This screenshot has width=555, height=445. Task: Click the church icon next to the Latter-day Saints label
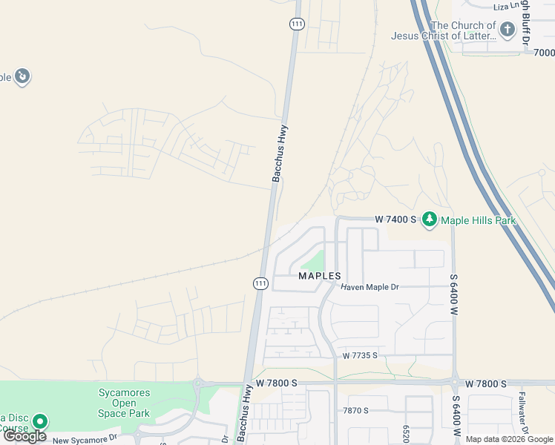tap(508, 30)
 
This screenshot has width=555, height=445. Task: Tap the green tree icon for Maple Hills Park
tap(430, 220)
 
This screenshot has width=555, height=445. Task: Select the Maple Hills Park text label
tap(478, 220)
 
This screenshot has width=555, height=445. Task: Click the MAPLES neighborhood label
tap(319, 275)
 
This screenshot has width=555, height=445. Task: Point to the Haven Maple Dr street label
tap(370, 286)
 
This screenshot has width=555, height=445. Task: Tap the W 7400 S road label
tap(397, 220)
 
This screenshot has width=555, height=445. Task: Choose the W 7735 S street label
tap(360, 356)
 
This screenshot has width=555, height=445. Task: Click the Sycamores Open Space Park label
tap(125, 403)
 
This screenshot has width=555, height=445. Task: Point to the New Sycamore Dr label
tap(85, 439)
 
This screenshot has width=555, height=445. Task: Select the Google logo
tap(25, 436)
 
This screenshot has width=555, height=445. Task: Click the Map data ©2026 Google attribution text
tap(509, 439)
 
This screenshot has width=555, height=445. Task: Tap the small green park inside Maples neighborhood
tap(314, 262)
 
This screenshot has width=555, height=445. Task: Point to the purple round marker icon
tap(22, 76)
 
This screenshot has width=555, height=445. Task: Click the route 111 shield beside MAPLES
tap(260, 283)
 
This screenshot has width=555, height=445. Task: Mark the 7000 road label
tap(543, 53)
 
